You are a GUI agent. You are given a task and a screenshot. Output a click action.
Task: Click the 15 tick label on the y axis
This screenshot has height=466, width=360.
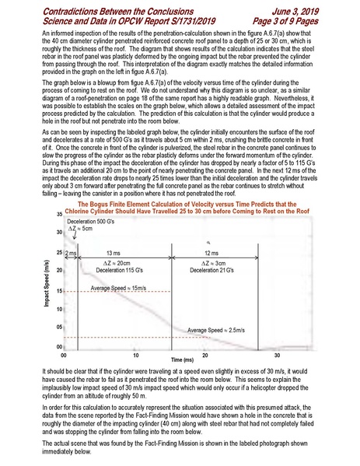pyautogui.click(x=59, y=292)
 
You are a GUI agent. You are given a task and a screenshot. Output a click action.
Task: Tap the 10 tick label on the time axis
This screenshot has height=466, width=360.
pyautogui.click(x=135, y=355)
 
